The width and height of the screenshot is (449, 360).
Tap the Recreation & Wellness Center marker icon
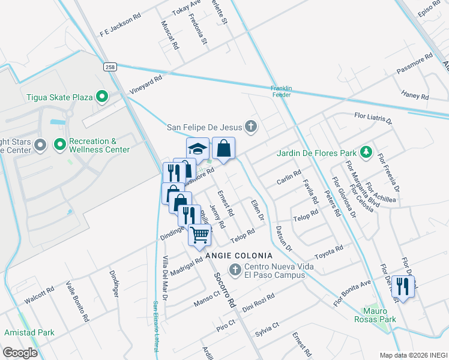tap(59, 145)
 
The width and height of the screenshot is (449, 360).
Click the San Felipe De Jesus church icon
tap(251, 126)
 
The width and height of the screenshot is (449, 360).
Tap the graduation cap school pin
tap(197, 149)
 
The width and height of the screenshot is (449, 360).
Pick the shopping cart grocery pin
tap(200, 235)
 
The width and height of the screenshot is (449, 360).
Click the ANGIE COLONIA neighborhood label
tap(235, 256)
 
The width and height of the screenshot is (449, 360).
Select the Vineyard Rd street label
tap(146, 85)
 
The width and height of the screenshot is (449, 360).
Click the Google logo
tap(20, 353)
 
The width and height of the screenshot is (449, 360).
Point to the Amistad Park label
tap(29, 332)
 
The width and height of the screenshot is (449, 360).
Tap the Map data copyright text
tap(413, 355)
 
